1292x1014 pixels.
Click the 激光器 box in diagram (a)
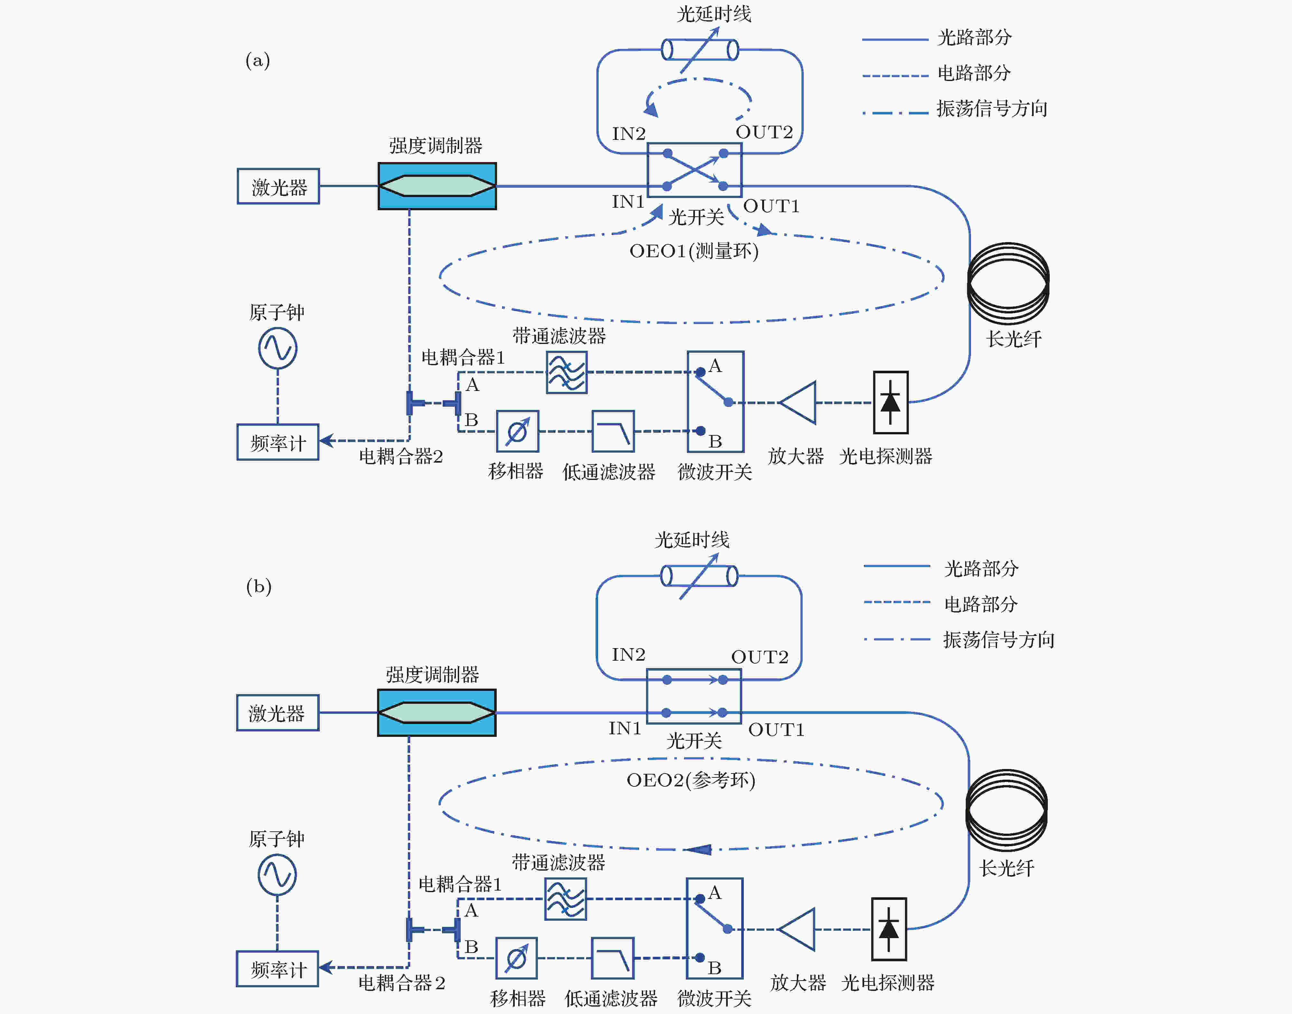tap(278, 186)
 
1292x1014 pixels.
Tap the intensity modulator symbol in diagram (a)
tap(437, 186)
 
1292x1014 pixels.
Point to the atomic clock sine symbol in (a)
tap(277, 349)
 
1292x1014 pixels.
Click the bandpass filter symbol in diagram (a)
tap(567, 372)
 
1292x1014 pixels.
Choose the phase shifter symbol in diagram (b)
tap(516, 958)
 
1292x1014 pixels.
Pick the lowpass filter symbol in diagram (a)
tap(613, 431)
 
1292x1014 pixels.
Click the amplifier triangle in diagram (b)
tap(798, 929)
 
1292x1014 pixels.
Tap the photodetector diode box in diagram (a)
tap(890, 403)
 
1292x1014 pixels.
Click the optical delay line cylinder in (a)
tap(700, 50)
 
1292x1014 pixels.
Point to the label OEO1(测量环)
tap(694, 251)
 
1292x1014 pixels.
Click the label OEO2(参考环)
tap(691, 780)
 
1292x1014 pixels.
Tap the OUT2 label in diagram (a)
tap(764, 132)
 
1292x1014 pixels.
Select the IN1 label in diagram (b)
tap(625, 728)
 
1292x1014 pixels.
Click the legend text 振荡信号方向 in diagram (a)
tap(992, 109)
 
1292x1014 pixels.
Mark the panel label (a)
tap(258, 60)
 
